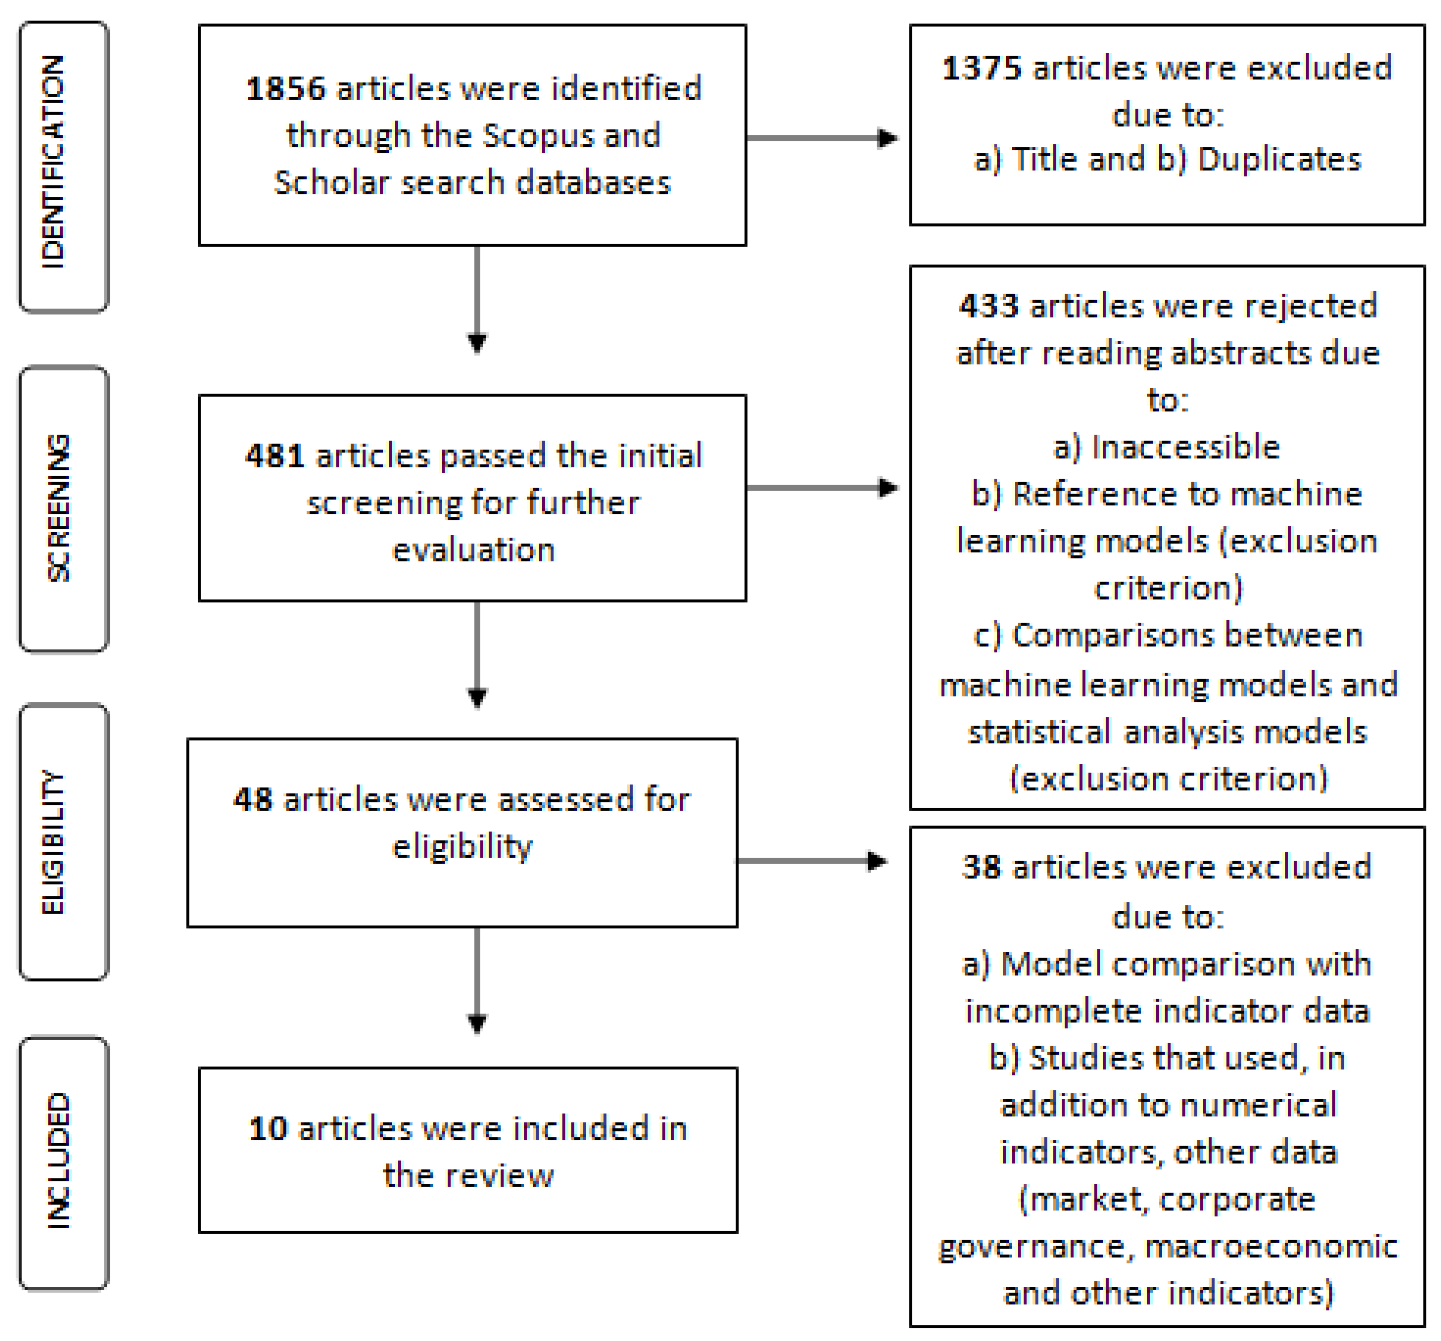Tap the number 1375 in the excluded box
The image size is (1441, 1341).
(x=982, y=69)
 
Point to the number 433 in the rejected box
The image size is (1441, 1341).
(x=988, y=306)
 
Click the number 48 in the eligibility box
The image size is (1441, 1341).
(x=253, y=800)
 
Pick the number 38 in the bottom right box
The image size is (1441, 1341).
(x=982, y=867)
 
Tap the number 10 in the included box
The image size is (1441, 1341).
(x=268, y=1129)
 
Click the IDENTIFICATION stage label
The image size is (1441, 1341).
(x=54, y=163)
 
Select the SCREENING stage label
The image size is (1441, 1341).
(x=58, y=508)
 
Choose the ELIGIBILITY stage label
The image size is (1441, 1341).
(x=54, y=842)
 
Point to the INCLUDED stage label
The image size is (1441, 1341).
(x=58, y=1160)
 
